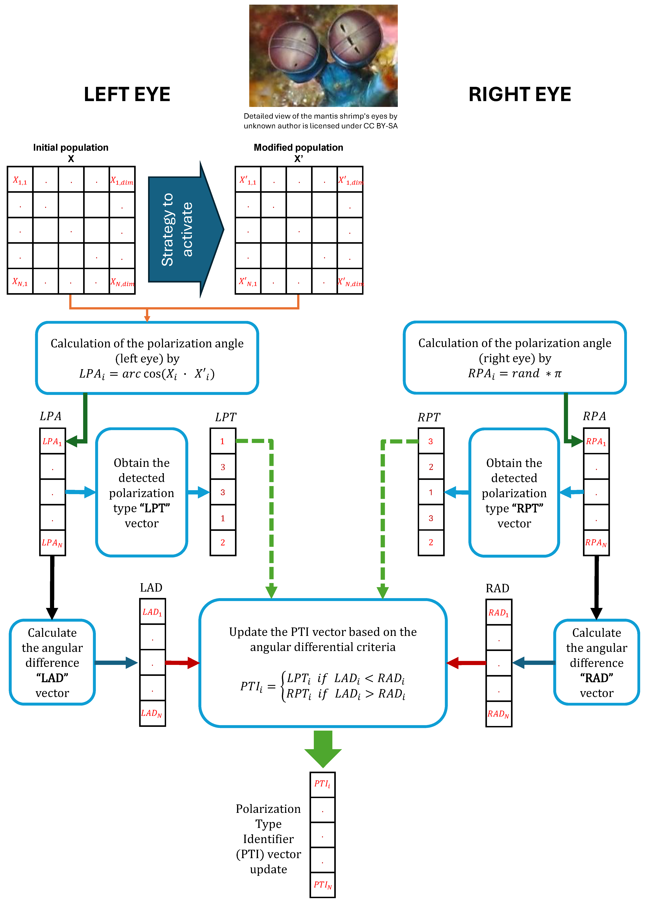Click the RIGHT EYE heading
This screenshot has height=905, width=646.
[x=520, y=95]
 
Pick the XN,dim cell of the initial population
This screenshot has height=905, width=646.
[x=122, y=281]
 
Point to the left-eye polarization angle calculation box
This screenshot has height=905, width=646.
[x=147, y=358]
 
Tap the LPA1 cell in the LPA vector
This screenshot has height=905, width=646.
[x=53, y=441]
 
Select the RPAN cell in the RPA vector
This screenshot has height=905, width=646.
[x=596, y=543]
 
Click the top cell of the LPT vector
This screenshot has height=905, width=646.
[x=223, y=441]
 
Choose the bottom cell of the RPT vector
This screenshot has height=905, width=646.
[x=431, y=543]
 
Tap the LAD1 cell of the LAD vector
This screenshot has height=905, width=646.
[x=152, y=612]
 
